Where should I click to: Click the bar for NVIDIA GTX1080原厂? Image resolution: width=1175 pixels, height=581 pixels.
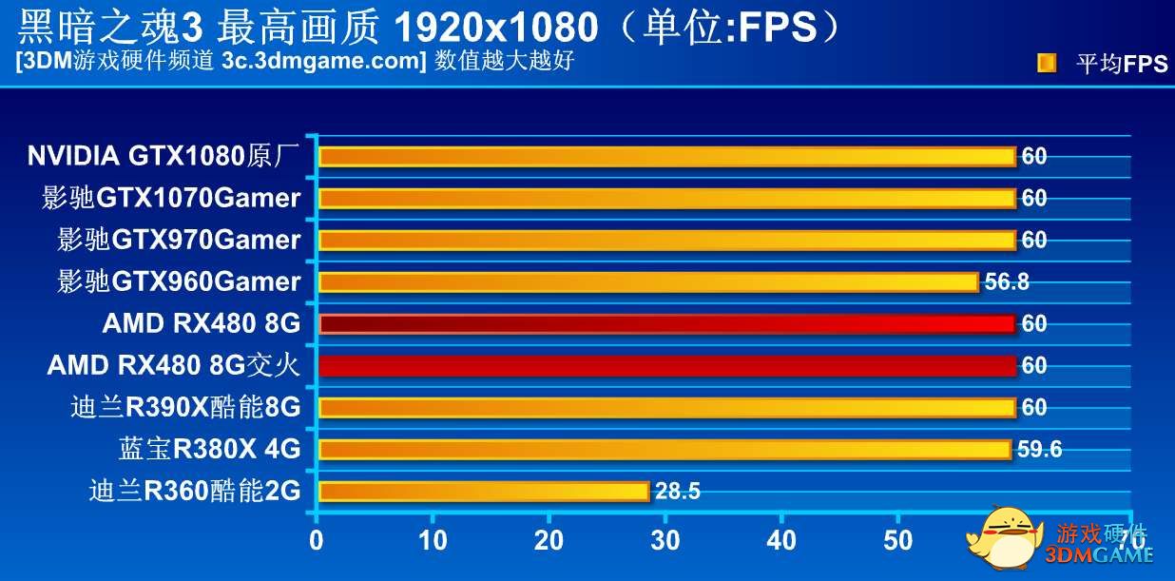click(x=665, y=156)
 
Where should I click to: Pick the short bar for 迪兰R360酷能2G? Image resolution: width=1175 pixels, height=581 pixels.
click(x=483, y=491)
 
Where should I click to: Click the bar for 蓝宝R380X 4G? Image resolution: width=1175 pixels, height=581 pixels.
click(x=664, y=449)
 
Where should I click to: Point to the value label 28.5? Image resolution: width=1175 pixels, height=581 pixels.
click(x=678, y=491)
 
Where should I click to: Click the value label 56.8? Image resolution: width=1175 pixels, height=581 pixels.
click(x=1007, y=281)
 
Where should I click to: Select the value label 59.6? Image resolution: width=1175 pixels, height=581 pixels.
click(x=1039, y=449)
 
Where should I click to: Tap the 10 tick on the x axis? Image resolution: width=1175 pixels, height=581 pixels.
click(x=433, y=541)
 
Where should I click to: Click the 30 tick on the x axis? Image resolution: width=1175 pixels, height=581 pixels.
click(x=665, y=541)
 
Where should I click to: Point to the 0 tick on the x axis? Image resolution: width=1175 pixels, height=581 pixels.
click(x=317, y=541)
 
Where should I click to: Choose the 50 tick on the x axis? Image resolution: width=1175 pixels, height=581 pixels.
click(x=897, y=541)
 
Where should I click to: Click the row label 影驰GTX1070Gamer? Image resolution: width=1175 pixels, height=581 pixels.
click(x=171, y=198)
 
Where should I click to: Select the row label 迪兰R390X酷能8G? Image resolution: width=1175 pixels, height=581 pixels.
click(x=185, y=407)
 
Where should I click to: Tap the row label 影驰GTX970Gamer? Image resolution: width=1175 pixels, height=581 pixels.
click(x=179, y=240)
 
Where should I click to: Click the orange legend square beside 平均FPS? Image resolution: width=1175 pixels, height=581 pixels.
click(x=1046, y=63)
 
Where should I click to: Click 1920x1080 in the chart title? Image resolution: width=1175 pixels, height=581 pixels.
click(x=495, y=28)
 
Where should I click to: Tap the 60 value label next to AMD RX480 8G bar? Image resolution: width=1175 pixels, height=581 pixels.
click(x=1034, y=323)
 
